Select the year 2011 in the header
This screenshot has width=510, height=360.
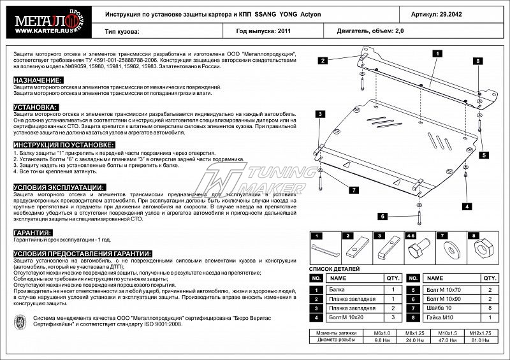tap(284, 30)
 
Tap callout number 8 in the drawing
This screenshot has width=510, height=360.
tap(476, 61)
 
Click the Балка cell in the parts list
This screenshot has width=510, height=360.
tap(338, 289)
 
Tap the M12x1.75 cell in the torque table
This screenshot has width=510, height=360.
tap(481, 333)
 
